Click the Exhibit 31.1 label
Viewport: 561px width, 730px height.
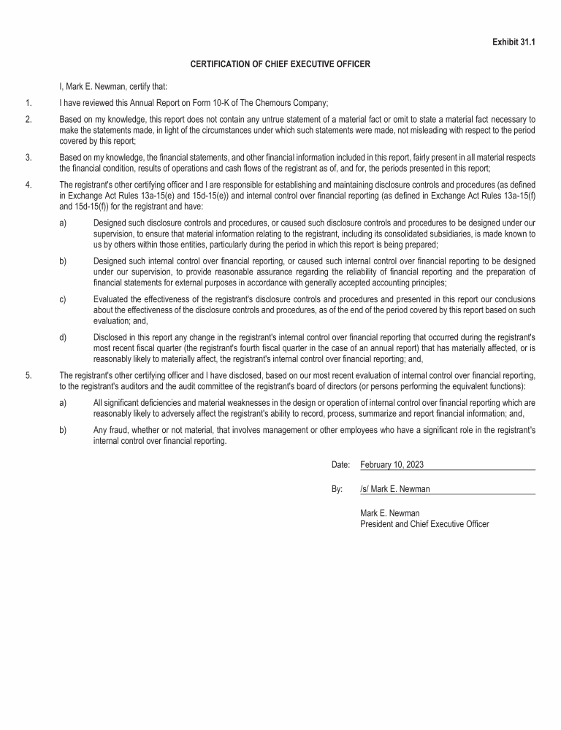click(514, 42)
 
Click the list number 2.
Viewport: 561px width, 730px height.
click(28, 119)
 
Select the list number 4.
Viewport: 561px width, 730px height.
click(28, 185)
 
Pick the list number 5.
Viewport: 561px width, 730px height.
click(28, 375)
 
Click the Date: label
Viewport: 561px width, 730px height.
click(340, 465)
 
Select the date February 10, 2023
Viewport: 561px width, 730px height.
click(392, 465)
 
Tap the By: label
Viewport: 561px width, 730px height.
click(337, 489)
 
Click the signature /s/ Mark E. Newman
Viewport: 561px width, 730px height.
click(395, 489)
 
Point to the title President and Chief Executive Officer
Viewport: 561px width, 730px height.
click(424, 524)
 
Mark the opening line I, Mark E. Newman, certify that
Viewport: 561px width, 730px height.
click(113, 87)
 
